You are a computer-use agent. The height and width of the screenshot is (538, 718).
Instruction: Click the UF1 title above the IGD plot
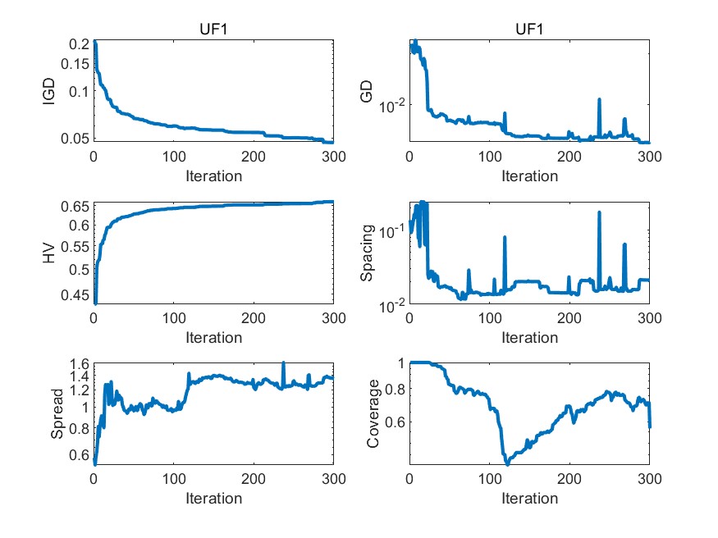point(213,29)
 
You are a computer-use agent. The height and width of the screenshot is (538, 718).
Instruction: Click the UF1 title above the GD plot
point(529,29)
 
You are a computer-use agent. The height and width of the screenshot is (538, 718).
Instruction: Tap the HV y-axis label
point(49,253)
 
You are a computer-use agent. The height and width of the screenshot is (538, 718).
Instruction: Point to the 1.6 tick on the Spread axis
point(79,364)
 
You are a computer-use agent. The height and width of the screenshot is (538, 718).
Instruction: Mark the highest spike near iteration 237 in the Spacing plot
point(599,212)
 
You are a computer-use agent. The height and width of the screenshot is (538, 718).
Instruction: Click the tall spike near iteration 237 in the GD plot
point(599,99)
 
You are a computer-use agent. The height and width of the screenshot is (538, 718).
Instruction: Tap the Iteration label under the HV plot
point(213,337)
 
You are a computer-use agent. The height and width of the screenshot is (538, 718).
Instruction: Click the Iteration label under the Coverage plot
point(529,499)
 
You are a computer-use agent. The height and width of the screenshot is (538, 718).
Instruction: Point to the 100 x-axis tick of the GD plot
point(489,157)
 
